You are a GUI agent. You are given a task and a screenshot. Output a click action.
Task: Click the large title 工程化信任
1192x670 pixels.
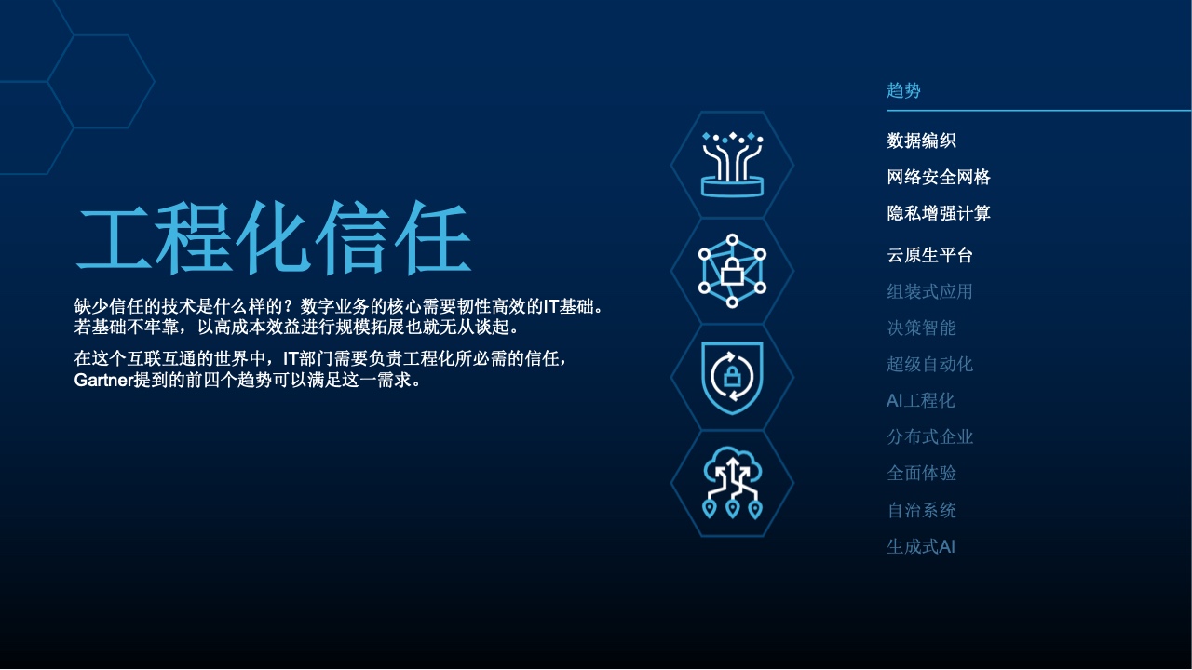tap(274, 237)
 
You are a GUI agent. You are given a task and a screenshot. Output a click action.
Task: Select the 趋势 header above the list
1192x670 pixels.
tap(903, 90)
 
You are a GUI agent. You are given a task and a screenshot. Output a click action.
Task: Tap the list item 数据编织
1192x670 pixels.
tap(921, 141)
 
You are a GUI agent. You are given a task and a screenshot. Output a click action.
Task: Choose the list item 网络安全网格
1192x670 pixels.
tap(939, 177)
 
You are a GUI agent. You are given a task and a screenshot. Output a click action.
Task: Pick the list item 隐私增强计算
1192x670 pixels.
tap(939, 214)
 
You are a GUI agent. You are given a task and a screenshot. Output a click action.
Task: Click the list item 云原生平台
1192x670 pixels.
tap(929, 255)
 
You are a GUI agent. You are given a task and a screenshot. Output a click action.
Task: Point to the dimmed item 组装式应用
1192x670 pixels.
tap(929, 291)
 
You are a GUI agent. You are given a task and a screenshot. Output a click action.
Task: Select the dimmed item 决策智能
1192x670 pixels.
tap(921, 328)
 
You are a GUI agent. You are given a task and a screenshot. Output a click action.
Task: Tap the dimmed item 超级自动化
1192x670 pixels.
tap(929, 364)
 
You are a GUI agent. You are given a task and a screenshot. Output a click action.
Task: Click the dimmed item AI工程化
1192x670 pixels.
tap(921, 400)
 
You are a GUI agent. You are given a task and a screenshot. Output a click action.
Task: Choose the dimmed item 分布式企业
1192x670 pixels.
tap(929, 437)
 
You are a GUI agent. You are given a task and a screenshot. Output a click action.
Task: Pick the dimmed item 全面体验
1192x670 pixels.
tap(921, 474)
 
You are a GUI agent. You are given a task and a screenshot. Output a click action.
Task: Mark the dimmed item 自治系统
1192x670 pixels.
tap(921, 511)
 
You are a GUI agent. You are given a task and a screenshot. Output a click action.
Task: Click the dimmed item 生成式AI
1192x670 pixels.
tap(921, 546)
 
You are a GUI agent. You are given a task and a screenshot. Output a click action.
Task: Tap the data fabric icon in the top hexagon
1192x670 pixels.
tap(732, 165)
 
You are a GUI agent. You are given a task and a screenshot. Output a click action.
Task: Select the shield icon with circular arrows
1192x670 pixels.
tap(732, 378)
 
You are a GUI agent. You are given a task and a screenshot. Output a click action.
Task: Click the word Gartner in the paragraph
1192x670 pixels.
tap(103, 381)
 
